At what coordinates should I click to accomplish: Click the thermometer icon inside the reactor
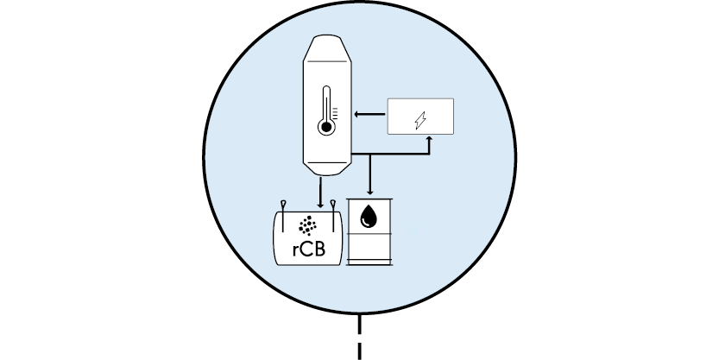coord(327,111)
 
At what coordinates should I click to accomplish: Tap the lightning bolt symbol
coord(420,120)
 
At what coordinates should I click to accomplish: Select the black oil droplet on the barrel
coord(369,217)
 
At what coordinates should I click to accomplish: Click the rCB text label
coord(309,249)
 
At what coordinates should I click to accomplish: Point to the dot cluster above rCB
coord(307,225)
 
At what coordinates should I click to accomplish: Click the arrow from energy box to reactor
coord(369,114)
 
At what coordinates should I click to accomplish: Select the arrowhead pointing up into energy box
coord(429,138)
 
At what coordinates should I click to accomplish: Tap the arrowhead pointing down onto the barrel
coord(370,192)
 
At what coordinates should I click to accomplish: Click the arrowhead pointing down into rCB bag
coord(320,205)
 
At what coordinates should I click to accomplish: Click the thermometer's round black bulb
coord(326,127)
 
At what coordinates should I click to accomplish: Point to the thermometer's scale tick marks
coord(335,114)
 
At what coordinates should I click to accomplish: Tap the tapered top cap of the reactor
coord(327,48)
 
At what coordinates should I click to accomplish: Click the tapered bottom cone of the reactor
coord(327,168)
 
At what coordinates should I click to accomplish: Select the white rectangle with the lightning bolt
coord(420,117)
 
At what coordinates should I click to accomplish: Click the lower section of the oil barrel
coord(369,247)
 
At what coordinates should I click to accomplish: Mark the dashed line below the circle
coord(359,337)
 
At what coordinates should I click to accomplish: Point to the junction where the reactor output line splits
coord(370,155)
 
